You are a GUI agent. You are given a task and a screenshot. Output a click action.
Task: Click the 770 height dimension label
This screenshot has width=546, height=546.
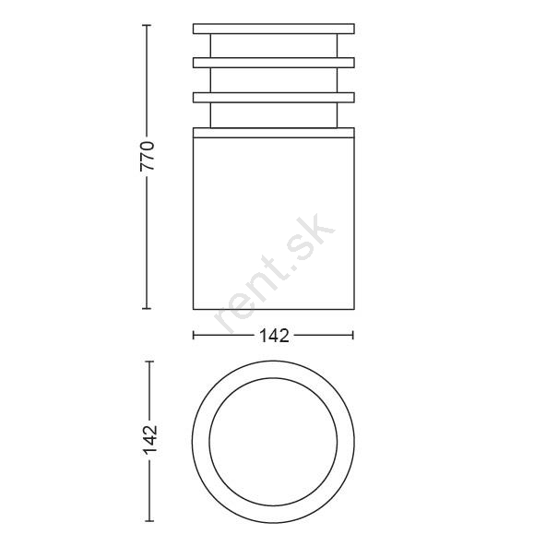click(x=147, y=156)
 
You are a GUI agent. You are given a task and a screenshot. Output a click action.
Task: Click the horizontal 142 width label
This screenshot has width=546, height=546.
click(x=274, y=336)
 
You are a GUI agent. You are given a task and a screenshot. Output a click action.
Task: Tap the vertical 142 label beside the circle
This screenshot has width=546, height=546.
click(x=150, y=440)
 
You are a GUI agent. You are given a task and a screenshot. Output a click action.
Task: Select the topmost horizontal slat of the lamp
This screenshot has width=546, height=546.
click(x=274, y=29)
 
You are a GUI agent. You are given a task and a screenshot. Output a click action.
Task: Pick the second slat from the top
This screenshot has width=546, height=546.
click(x=274, y=63)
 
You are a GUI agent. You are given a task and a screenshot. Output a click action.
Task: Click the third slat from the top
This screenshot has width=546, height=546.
click(x=274, y=98)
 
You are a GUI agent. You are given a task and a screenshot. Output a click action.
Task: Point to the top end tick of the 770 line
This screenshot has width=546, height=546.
click(x=147, y=26)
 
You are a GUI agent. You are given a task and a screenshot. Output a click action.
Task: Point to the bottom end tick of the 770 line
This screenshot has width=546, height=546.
click(x=147, y=308)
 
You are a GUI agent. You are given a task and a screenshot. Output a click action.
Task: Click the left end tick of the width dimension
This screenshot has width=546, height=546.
click(x=194, y=335)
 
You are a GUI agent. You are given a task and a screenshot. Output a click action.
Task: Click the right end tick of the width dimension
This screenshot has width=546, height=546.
click(x=353, y=335)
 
